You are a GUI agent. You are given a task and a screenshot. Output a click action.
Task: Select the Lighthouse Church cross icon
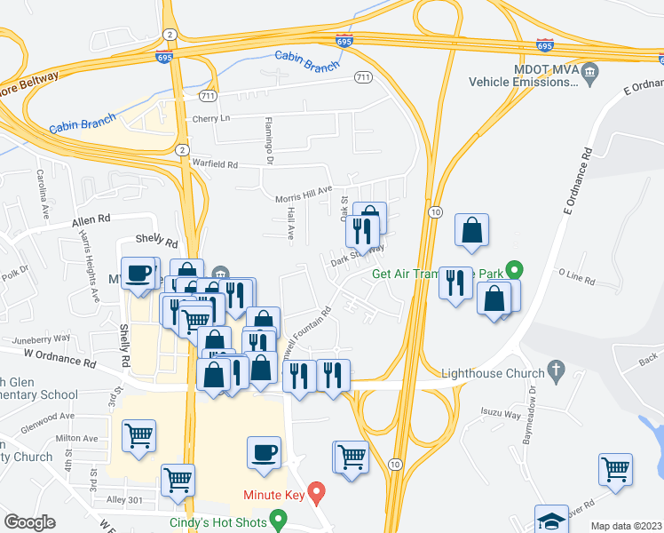[x=557, y=368]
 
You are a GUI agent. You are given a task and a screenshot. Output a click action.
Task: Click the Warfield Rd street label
[x=215, y=164]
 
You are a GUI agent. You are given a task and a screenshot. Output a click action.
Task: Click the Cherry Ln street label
[x=210, y=118]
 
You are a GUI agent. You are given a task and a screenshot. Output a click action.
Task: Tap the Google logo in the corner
[x=29, y=522]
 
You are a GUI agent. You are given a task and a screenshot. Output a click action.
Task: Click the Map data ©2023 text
[x=626, y=526]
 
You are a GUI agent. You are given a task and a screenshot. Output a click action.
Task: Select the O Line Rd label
[x=577, y=279]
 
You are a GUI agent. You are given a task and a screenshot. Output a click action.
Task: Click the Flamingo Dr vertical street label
[x=270, y=140]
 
